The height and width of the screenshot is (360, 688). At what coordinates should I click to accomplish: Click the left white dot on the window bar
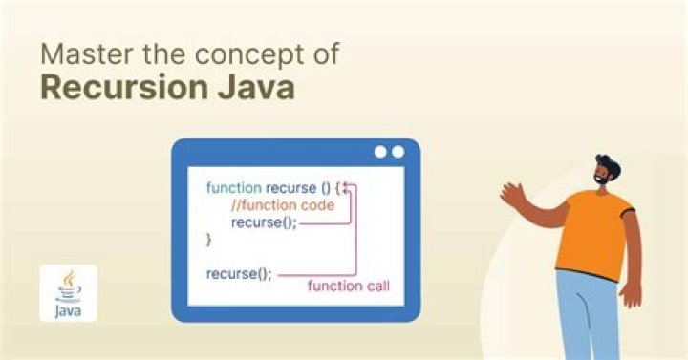click(381, 152)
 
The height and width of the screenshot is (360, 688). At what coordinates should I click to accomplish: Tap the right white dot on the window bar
click(398, 152)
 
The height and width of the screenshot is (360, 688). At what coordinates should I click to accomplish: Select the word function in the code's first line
click(233, 188)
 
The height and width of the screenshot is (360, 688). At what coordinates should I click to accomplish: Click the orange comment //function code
click(283, 205)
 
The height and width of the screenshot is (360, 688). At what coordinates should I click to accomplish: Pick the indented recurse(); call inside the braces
click(264, 222)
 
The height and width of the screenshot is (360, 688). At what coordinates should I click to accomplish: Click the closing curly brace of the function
click(208, 240)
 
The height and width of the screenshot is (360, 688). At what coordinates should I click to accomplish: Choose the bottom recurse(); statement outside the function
click(239, 273)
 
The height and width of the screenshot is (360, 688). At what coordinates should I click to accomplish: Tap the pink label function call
click(348, 286)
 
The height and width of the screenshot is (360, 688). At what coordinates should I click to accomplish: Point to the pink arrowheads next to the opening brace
click(351, 188)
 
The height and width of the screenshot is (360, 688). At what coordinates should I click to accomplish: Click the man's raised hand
click(512, 194)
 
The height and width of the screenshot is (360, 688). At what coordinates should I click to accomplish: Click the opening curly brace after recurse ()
click(340, 188)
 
